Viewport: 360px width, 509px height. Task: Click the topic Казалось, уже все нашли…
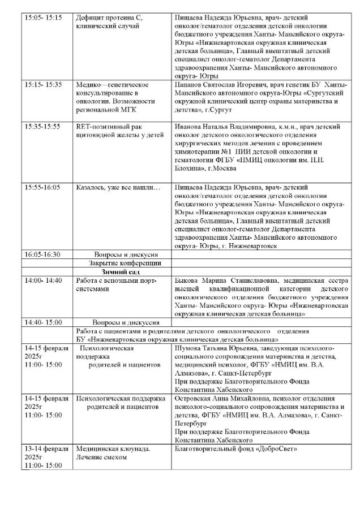pos(118,187)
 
